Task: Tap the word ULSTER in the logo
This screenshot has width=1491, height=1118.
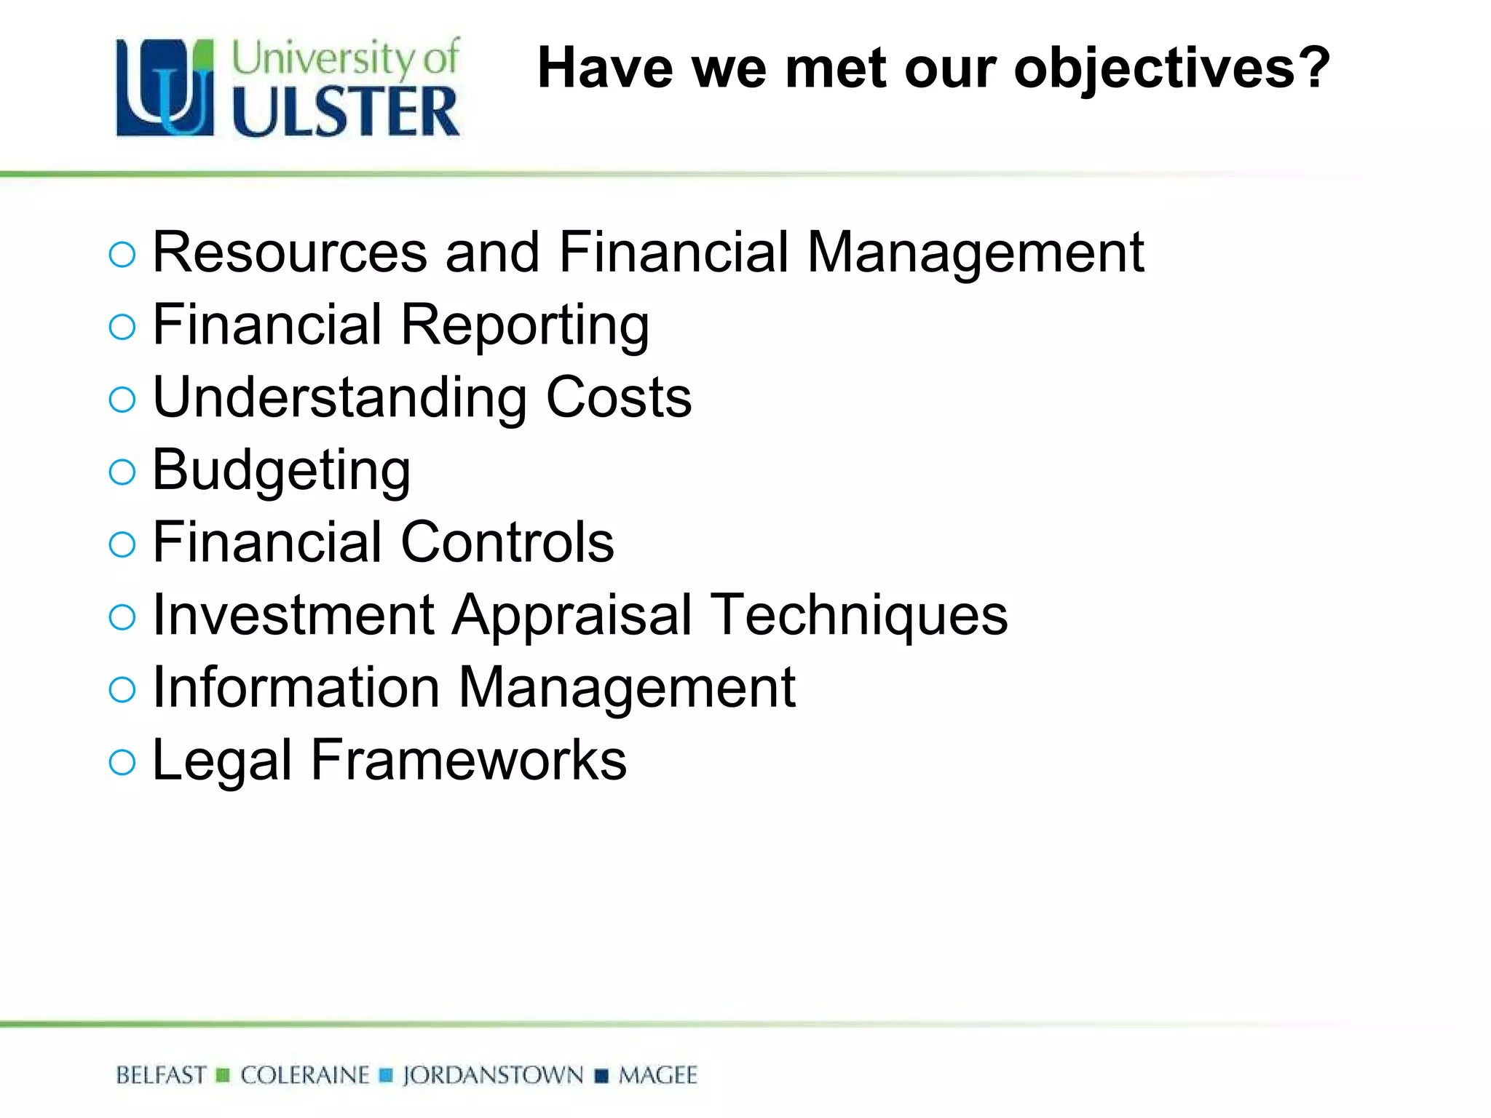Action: click(x=346, y=112)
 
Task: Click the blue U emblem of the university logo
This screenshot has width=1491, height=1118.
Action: click(x=165, y=87)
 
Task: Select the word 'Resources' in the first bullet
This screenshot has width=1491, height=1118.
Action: click(x=290, y=253)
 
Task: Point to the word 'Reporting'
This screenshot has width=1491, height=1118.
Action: click(x=525, y=325)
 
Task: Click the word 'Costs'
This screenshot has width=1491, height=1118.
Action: click(x=619, y=397)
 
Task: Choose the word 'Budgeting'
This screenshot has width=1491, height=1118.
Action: click(x=281, y=471)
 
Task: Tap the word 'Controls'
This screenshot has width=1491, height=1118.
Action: click(x=507, y=542)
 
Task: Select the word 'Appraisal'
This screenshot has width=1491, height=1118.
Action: click(x=572, y=615)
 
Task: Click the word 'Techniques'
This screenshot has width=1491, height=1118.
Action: click(x=859, y=615)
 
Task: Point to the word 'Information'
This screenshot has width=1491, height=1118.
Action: click(x=296, y=687)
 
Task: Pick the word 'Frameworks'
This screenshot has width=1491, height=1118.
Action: click(x=468, y=760)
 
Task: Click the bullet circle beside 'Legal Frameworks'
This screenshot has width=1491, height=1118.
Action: click(x=122, y=762)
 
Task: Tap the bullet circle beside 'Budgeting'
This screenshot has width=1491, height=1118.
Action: click(x=122, y=472)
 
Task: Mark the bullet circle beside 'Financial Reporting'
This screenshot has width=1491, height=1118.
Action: click(x=122, y=327)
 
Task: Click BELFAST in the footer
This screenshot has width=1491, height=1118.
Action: click(x=161, y=1075)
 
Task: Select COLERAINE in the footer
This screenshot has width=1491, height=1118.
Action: click(x=305, y=1075)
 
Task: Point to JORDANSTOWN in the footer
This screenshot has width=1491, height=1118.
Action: click(x=493, y=1075)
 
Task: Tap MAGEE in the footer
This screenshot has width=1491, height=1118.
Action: click(x=657, y=1075)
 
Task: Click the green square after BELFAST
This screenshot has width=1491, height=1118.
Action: click(x=224, y=1075)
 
